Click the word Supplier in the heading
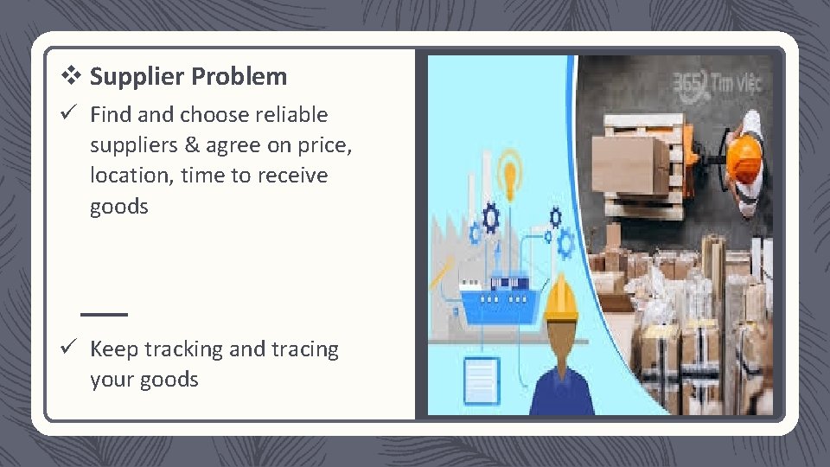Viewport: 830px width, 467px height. tap(137, 77)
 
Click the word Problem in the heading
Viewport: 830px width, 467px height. tap(239, 77)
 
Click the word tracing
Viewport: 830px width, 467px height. tap(305, 349)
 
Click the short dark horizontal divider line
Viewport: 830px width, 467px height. tap(104, 313)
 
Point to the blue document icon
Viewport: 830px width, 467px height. tap(481, 380)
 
